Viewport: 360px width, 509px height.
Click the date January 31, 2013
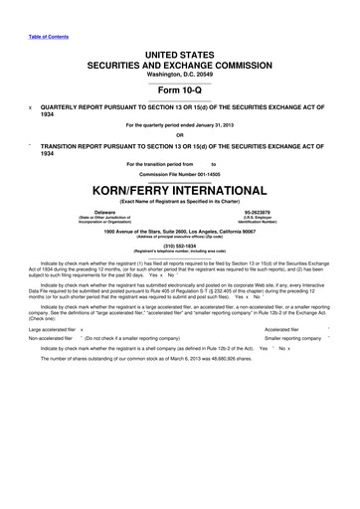pos(205,123)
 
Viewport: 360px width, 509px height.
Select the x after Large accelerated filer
pos(83,329)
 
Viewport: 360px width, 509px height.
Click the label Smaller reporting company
pos(293,339)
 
